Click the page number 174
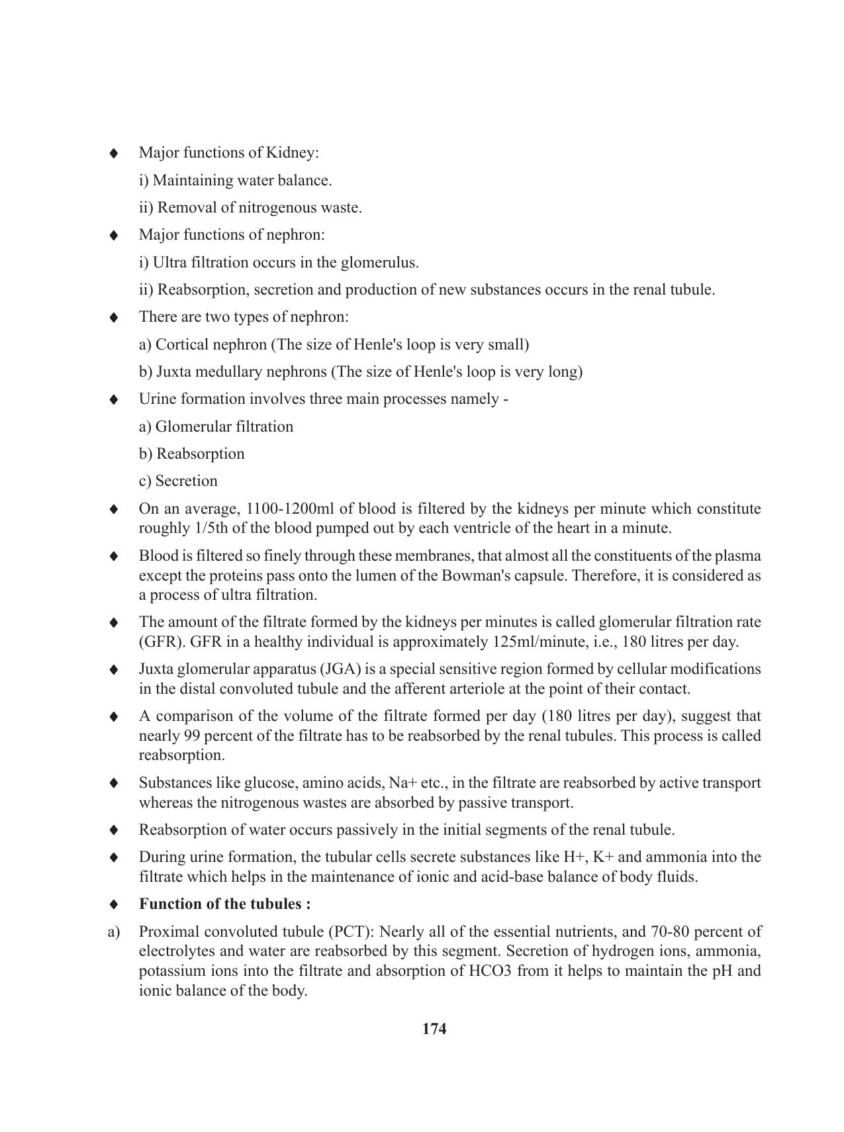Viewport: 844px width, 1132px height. click(434, 1029)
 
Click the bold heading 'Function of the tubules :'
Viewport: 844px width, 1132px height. click(225, 904)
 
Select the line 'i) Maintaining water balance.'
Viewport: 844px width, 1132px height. click(235, 180)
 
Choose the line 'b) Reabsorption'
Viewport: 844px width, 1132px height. click(191, 453)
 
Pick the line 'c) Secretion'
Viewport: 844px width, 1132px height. click(178, 481)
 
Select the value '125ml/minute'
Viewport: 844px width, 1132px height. click(538, 641)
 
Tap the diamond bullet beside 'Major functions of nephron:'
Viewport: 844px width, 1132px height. click(114, 235)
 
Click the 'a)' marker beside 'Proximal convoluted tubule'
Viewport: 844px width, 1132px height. click(113, 931)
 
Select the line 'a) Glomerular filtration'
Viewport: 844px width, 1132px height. click(216, 426)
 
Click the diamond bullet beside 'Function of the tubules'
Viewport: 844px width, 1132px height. click(114, 904)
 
